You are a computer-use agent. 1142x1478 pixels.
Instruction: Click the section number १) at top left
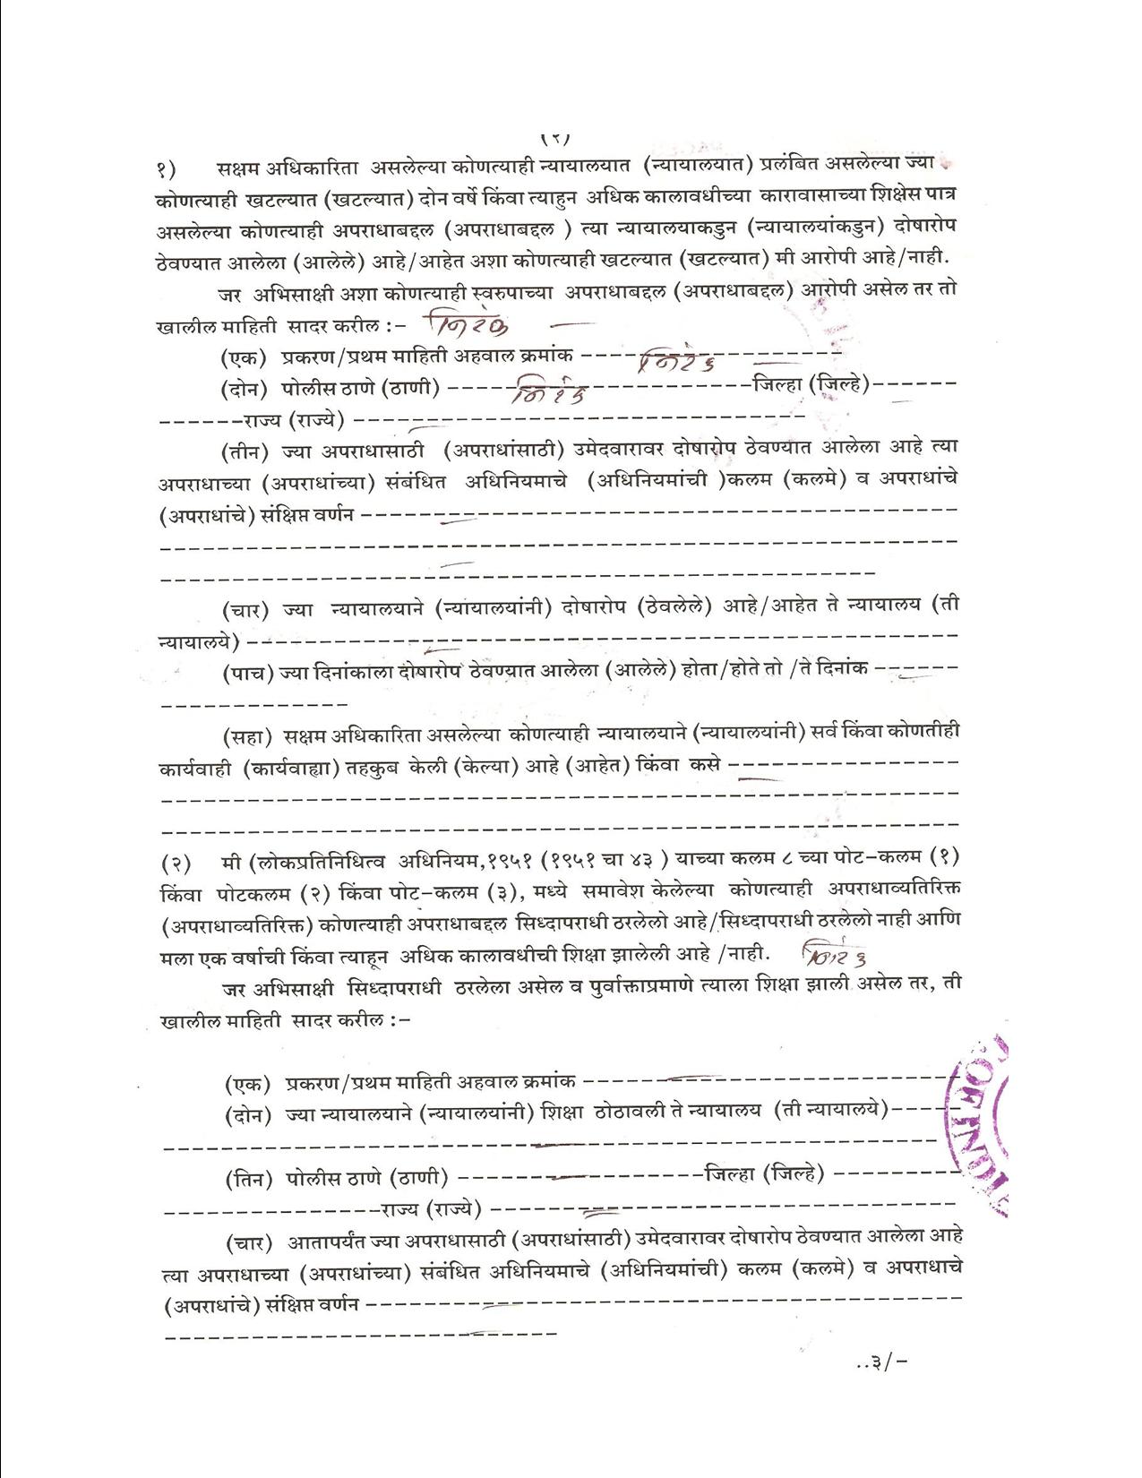click(x=167, y=167)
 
